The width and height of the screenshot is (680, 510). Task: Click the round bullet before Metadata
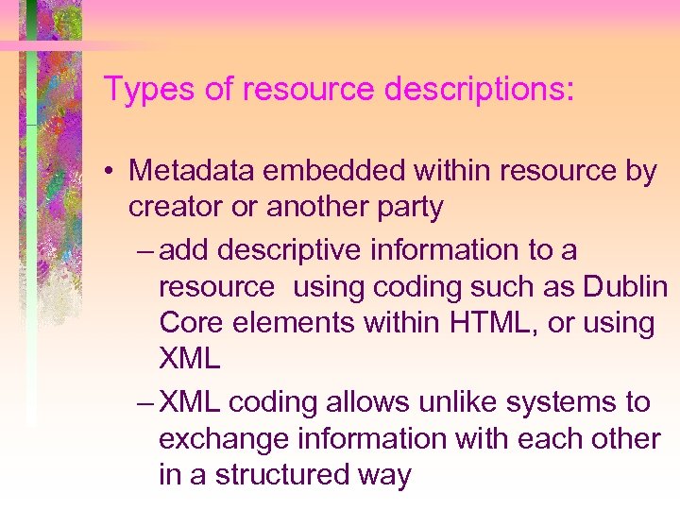(111, 172)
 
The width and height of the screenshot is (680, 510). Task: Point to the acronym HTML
(484, 323)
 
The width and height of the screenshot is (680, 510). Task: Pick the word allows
(350, 402)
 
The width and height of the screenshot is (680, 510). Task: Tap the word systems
(559, 402)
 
